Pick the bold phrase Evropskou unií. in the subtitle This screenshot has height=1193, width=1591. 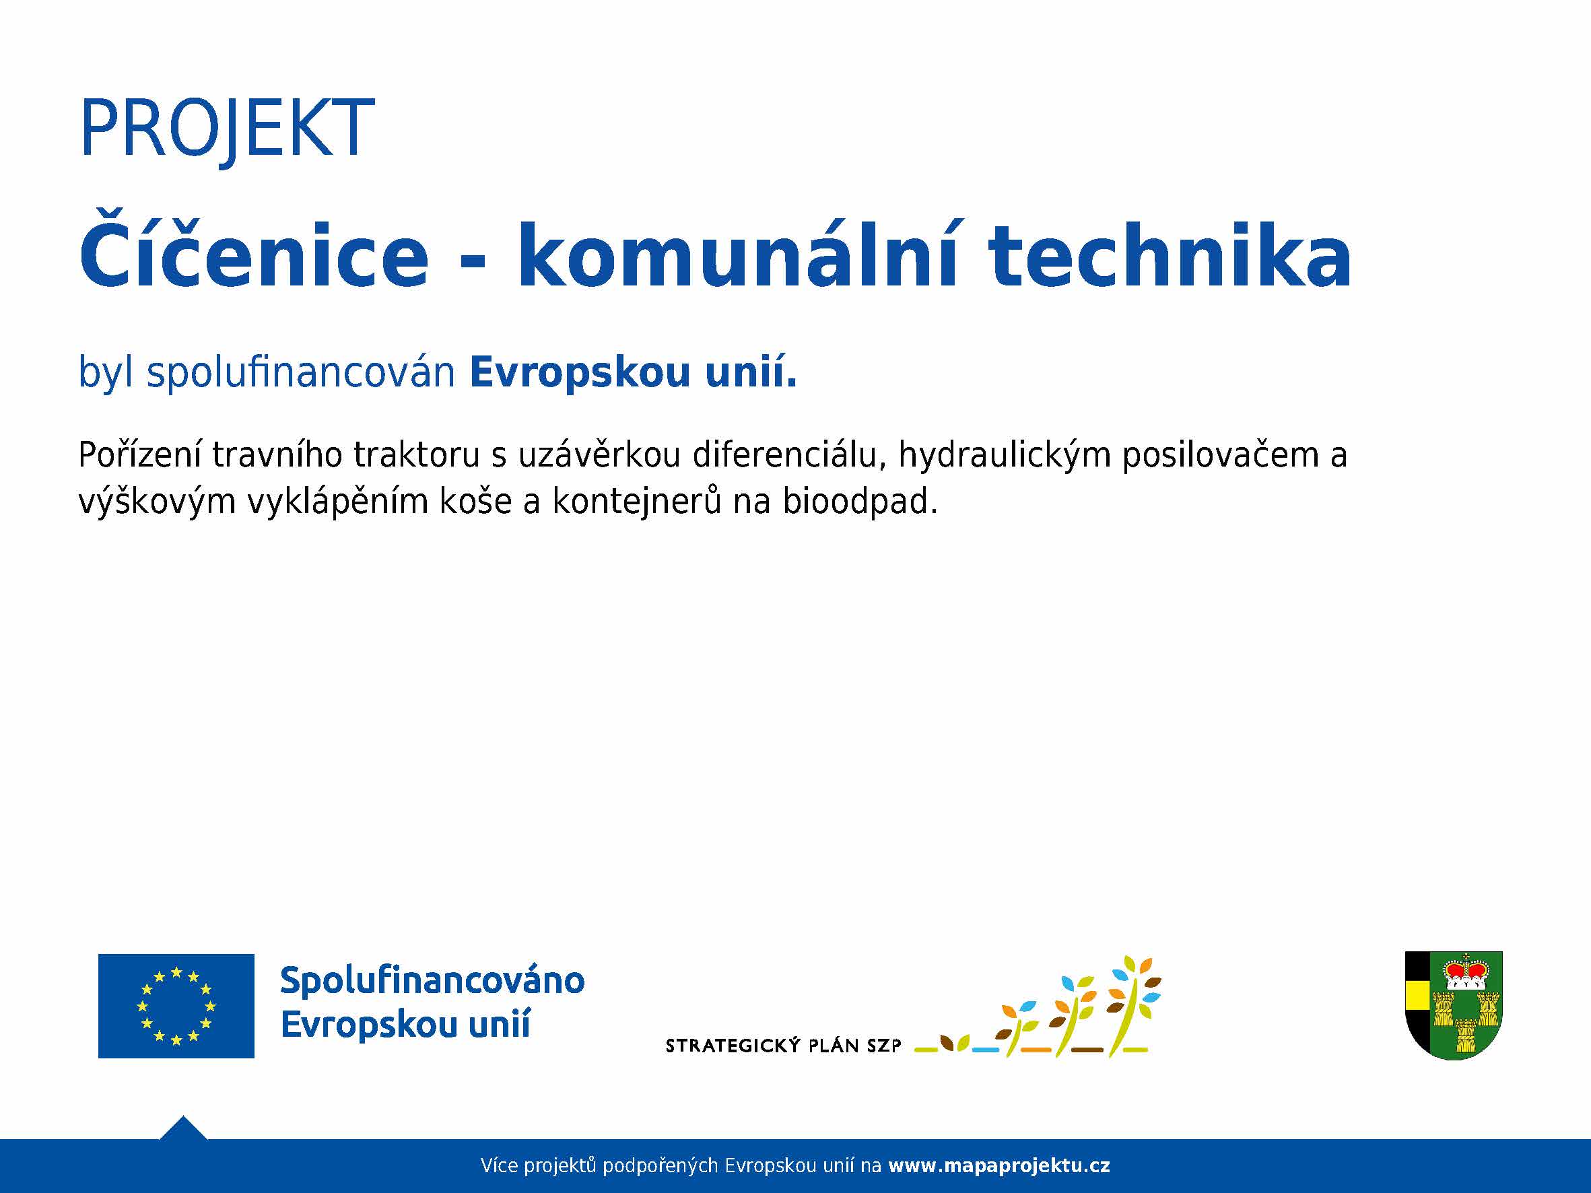tap(633, 372)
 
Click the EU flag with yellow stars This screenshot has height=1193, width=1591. tap(176, 1005)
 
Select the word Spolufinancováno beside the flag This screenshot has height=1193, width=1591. tap(432, 980)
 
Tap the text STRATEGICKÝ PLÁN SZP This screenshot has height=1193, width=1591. tap(783, 1046)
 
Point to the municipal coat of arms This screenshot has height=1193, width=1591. tap(1454, 1005)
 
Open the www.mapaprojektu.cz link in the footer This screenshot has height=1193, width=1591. tap(999, 1165)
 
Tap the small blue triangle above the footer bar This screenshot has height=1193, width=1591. tap(183, 1128)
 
